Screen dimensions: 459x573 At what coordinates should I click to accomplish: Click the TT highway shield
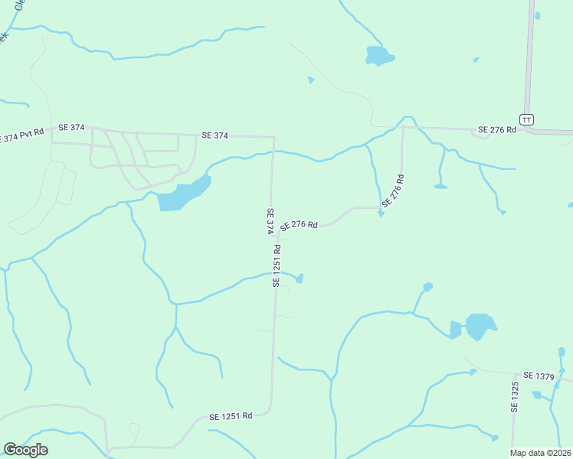point(526,119)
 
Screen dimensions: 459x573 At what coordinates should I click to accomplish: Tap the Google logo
point(25,450)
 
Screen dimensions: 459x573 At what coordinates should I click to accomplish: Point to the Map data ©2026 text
point(540,453)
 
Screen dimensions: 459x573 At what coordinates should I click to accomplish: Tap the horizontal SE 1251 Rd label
point(231,416)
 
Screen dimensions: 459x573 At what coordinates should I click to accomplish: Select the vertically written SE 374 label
point(270,221)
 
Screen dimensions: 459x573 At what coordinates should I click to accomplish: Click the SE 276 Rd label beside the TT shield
point(498,130)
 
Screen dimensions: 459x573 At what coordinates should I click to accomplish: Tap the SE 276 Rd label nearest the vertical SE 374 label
point(299,225)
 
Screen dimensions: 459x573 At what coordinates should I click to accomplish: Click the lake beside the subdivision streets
point(183,194)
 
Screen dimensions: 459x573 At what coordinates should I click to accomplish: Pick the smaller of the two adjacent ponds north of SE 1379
point(456,330)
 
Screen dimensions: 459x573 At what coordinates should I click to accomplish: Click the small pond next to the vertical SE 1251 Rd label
point(300,278)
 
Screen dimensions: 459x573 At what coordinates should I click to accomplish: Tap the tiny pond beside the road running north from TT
point(537,15)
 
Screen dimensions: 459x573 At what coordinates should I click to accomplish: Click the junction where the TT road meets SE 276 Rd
point(526,130)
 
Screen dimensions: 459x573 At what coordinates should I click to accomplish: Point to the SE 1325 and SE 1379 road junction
point(515,376)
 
